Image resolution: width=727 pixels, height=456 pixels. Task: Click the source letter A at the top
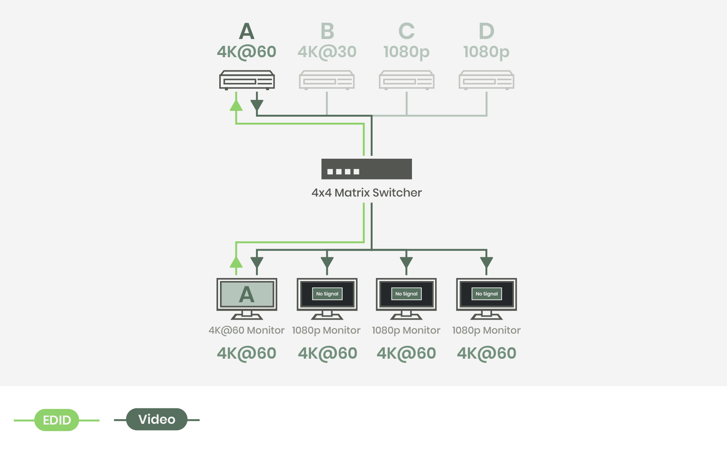(x=246, y=31)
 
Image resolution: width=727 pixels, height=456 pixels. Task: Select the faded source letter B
(x=327, y=31)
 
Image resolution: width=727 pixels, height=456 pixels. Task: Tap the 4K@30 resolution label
(x=327, y=52)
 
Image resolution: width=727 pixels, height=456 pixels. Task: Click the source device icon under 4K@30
(x=327, y=80)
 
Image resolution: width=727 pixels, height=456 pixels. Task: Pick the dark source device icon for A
(x=247, y=80)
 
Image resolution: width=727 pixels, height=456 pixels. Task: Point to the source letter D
(x=487, y=31)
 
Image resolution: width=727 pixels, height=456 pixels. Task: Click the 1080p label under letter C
(x=406, y=52)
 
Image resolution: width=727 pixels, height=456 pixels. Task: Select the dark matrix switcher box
(x=367, y=169)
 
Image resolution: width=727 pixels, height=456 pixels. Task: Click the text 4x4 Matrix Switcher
(x=367, y=193)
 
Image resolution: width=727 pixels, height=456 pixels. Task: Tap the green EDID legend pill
(x=57, y=420)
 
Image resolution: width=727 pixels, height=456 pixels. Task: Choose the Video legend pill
(x=157, y=419)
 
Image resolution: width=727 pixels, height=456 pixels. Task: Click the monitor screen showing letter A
(x=247, y=295)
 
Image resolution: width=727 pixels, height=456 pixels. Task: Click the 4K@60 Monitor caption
(x=246, y=330)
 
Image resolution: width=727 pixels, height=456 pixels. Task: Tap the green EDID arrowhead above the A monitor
(x=236, y=262)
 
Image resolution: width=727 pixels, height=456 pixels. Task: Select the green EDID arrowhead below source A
(x=236, y=105)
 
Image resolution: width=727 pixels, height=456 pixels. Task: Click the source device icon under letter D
(x=487, y=80)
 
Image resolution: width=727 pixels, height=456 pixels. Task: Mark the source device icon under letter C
(x=407, y=80)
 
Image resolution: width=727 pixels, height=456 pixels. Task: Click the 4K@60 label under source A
(x=246, y=52)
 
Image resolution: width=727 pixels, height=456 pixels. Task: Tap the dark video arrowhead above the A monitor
(x=257, y=262)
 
